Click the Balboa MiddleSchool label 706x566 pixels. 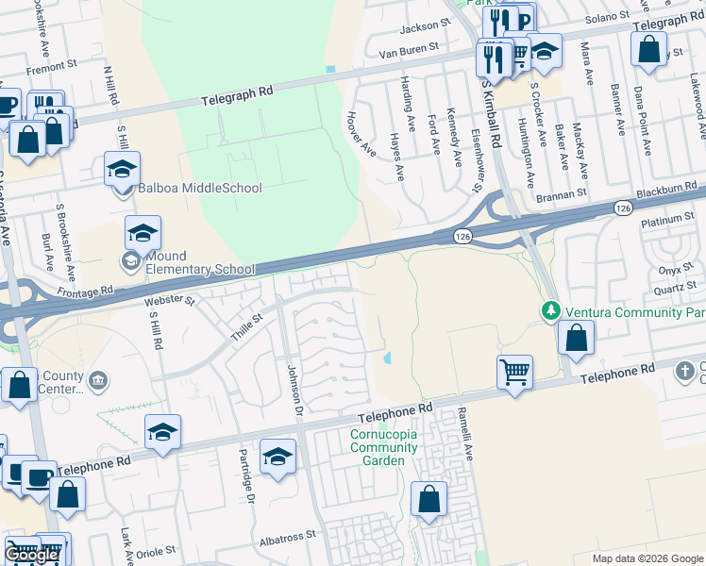(x=199, y=188)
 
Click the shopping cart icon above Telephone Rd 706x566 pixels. (x=514, y=372)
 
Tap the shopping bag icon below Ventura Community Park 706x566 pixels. (x=576, y=337)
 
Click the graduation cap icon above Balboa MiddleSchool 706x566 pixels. (x=122, y=168)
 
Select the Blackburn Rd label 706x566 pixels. (x=671, y=191)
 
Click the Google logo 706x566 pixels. (x=32, y=555)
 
